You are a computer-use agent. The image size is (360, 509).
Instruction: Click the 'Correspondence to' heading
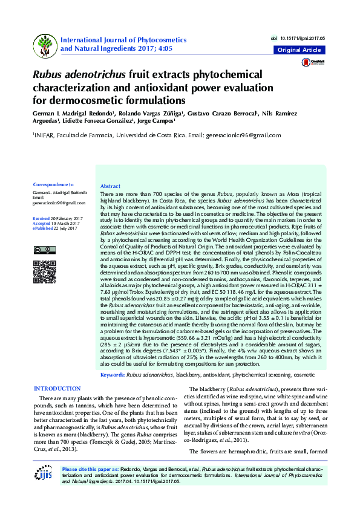click(53, 184)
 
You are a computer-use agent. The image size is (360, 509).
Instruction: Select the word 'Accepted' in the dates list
click(42, 223)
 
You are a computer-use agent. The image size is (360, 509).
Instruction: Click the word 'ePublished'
click(42, 228)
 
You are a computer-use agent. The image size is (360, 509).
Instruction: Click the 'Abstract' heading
click(110, 186)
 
